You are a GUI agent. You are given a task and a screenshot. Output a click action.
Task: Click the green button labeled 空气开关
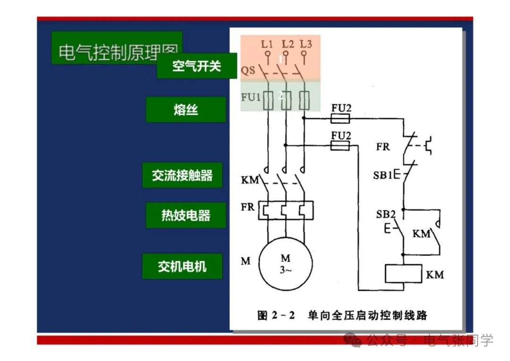point(196,66)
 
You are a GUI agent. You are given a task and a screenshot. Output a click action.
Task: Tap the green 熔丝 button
point(186,110)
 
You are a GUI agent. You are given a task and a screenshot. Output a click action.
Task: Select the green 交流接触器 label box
point(182,175)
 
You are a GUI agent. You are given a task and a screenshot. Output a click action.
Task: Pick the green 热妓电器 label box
point(186,215)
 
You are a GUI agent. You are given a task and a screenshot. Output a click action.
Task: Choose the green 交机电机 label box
point(182,266)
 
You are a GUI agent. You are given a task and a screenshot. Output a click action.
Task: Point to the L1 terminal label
point(267,44)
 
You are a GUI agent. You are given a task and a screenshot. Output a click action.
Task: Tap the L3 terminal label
point(306,44)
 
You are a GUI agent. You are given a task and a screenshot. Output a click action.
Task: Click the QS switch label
point(248,70)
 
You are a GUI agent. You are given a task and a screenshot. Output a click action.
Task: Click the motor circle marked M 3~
point(286,265)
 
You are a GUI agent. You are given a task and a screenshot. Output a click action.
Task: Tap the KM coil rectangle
point(403,274)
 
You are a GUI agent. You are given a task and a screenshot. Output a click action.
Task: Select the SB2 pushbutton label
point(385,214)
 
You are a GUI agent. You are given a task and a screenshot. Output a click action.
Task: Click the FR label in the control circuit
point(383,147)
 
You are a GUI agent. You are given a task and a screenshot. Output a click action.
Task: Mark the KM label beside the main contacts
point(250,180)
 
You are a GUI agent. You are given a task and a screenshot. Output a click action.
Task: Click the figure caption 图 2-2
point(276,315)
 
